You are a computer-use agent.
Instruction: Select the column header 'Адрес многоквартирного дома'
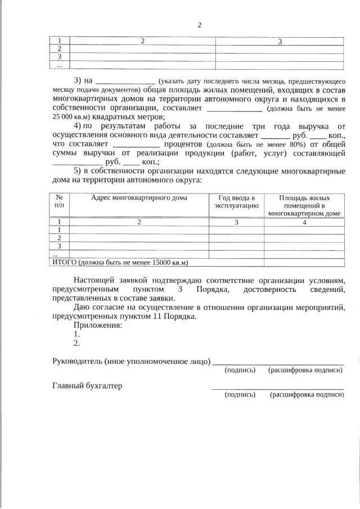(x=139, y=198)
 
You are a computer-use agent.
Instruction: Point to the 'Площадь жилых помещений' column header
(x=304, y=205)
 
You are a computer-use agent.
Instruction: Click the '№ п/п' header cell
(x=59, y=202)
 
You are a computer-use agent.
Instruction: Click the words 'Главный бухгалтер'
(x=87, y=386)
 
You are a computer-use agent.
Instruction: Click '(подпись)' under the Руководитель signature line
(x=240, y=370)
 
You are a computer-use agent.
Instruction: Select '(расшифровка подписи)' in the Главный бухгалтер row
(x=306, y=395)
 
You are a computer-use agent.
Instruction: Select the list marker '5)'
(x=78, y=171)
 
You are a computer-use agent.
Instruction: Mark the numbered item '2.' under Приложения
(x=77, y=343)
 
